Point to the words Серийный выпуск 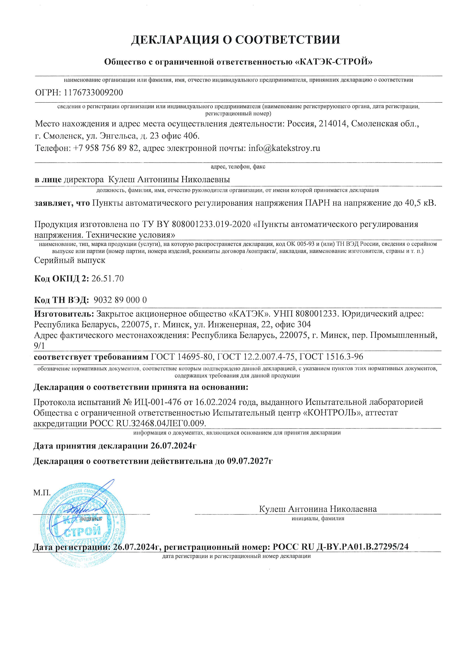pos(70,260)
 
